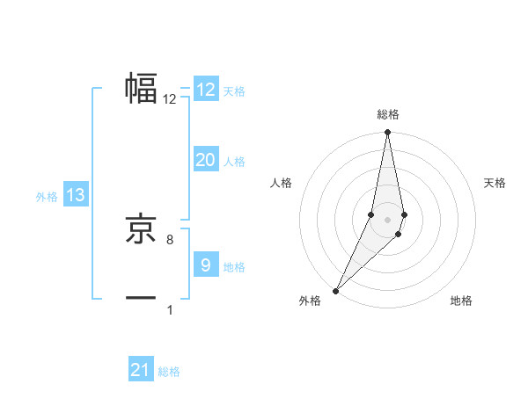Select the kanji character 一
(141, 298)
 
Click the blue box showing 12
(205, 90)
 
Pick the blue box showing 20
(205, 160)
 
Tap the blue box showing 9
(205, 265)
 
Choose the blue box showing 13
(76, 196)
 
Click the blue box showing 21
(141, 371)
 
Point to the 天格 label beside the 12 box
(234, 91)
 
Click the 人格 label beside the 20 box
(234, 162)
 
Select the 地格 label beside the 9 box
(234, 267)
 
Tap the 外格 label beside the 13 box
(47, 198)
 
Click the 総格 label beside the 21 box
(169, 373)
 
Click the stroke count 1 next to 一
(169, 309)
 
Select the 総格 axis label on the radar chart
(387, 115)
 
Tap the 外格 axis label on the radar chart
(310, 301)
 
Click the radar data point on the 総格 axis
(387, 134)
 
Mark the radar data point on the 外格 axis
(335, 291)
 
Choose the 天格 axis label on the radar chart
(495, 183)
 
